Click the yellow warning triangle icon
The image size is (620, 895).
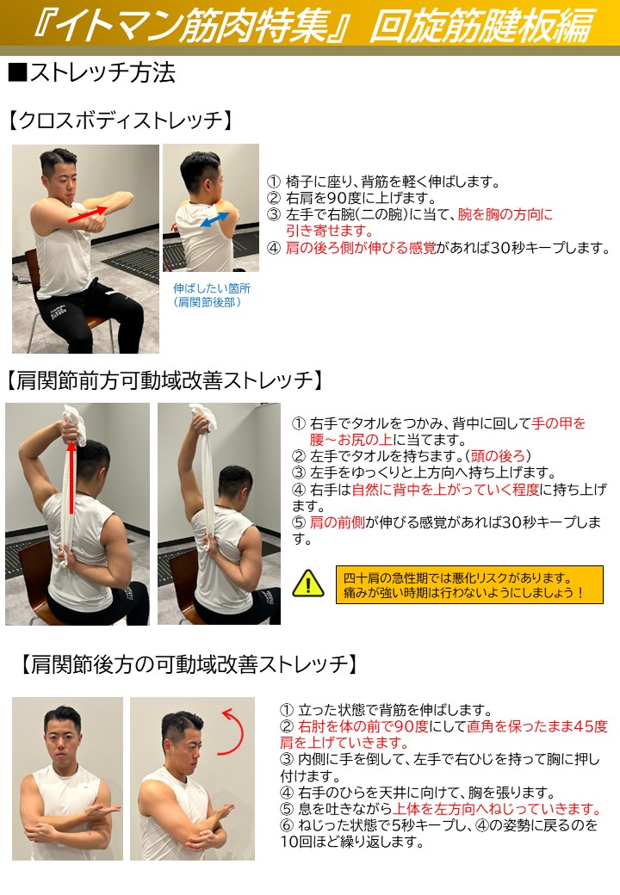(x=308, y=583)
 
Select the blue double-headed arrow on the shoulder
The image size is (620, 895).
(x=214, y=220)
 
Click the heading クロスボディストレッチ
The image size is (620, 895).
(x=121, y=120)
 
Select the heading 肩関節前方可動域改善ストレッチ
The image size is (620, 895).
(x=164, y=380)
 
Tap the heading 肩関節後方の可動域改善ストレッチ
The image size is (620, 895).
(x=189, y=664)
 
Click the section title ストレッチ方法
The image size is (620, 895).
(x=92, y=72)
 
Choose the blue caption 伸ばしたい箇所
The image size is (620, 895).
(x=211, y=288)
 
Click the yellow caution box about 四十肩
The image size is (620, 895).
(x=468, y=584)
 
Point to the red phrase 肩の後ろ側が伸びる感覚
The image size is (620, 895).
(x=361, y=248)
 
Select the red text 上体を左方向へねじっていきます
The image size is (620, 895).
(x=497, y=809)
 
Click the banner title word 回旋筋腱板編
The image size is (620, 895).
(x=482, y=26)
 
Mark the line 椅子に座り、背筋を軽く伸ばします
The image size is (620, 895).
(x=384, y=182)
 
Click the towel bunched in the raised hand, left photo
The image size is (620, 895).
(x=74, y=423)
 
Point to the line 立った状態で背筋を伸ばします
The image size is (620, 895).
(x=386, y=710)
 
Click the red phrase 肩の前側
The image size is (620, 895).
(x=337, y=522)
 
